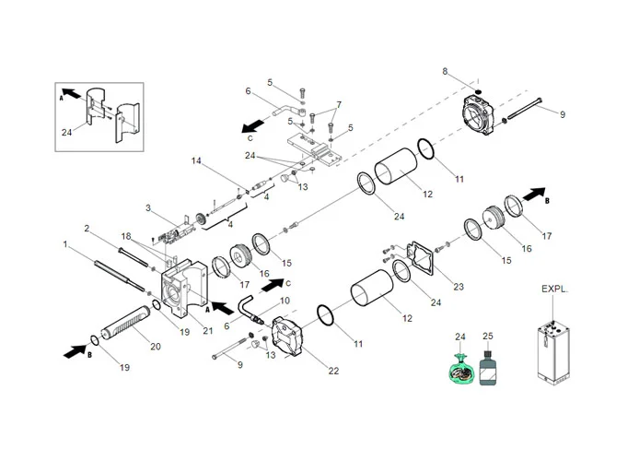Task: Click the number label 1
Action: tap(65, 244)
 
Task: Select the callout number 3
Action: tap(147, 208)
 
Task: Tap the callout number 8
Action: tap(445, 71)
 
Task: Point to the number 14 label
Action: tap(196, 161)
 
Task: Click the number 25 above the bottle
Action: tap(488, 338)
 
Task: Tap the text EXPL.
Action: tap(555, 290)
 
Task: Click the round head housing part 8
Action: tap(480, 114)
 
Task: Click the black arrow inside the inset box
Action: tap(71, 95)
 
